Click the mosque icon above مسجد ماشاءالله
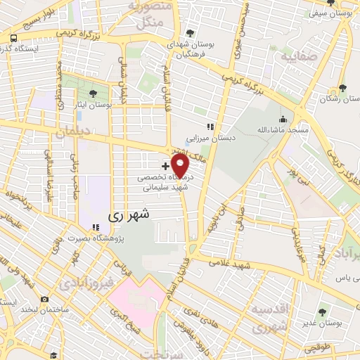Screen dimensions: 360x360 pos(283,119)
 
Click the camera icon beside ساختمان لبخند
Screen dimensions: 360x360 pos(45,299)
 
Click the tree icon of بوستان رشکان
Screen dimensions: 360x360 pos(342,88)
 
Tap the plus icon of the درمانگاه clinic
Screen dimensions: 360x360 pos(165,166)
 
